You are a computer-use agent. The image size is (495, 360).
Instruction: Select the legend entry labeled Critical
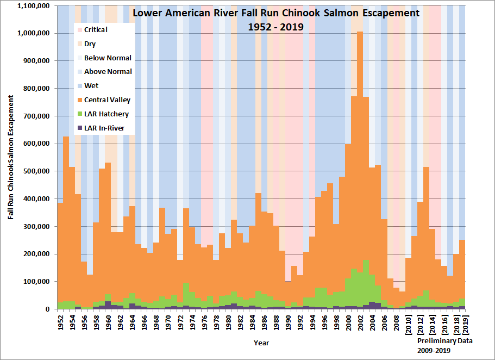click(x=96, y=30)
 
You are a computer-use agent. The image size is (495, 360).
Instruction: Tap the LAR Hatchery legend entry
click(x=106, y=114)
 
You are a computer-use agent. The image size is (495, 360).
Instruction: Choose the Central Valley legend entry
click(x=107, y=100)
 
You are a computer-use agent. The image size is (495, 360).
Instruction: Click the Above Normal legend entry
click(x=108, y=72)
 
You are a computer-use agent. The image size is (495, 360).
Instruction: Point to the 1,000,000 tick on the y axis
click(x=34, y=33)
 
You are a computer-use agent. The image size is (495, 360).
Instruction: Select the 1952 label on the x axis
click(x=60, y=321)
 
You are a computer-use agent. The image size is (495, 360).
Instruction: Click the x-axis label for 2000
click(x=348, y=321)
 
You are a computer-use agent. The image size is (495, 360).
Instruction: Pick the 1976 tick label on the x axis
click(x=204, y=321)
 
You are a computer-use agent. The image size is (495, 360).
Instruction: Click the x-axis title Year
click(x=261, y=343)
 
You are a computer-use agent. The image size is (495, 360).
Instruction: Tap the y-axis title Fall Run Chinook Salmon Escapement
click(x=11, y=158)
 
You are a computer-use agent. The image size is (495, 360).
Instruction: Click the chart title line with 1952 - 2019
click(x=276, y=26)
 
